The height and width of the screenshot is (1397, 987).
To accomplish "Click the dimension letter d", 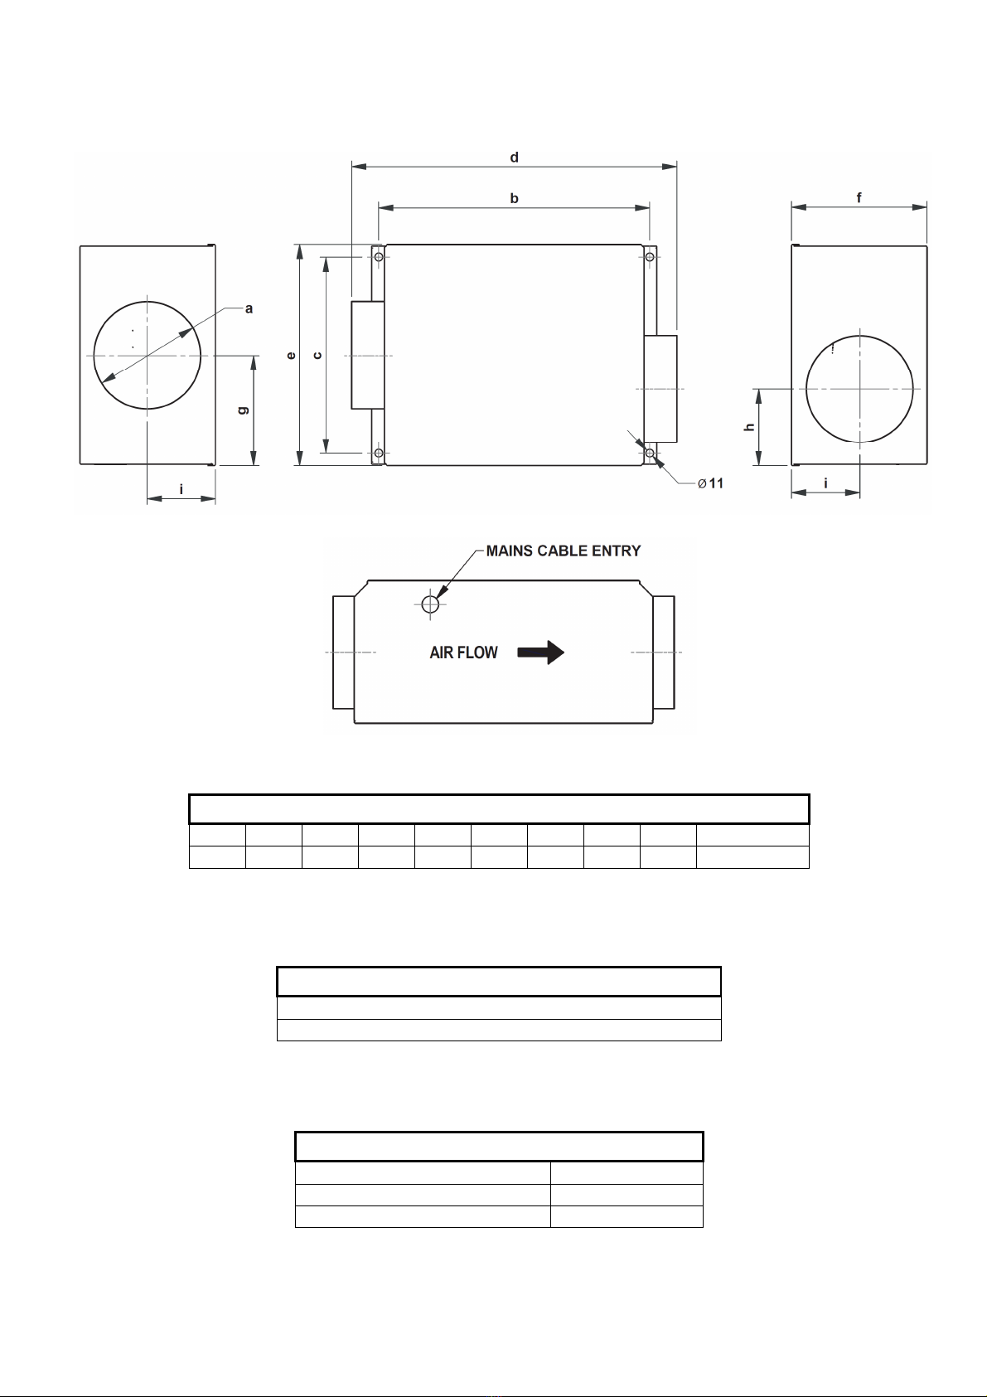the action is (515, 158).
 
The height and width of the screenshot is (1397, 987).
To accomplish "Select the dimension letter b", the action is (515, 198).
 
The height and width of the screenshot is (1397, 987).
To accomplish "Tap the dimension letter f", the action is (859, 197).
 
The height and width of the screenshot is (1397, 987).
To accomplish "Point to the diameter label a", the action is (249, 308).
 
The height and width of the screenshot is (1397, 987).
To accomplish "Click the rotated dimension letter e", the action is (291, 356).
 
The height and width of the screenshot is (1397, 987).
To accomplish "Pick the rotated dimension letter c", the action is (317, 356).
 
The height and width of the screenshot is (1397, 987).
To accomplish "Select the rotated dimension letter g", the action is (243, 410).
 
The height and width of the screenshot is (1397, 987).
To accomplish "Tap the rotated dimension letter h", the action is (749, 427).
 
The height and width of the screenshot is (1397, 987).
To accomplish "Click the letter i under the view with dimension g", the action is (181, 489).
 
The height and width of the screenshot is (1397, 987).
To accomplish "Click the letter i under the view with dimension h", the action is (826, 483).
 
